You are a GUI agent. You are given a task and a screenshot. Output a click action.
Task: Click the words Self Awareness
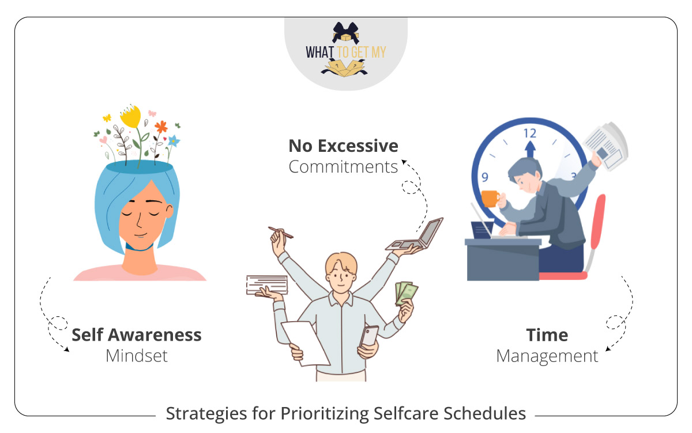(137, 335)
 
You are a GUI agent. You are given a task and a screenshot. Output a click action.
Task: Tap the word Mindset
(137, 356)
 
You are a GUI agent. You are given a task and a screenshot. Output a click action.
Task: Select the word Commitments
(343, 167)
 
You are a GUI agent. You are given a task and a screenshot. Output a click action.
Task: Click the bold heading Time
(547, 335)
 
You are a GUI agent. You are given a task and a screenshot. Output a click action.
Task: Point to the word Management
(547, 356)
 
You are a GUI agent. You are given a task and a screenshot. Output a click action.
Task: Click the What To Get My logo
(346, 51)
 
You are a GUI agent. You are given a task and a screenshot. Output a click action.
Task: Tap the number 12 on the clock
(529, 133)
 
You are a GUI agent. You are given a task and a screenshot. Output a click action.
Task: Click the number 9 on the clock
(485, 177)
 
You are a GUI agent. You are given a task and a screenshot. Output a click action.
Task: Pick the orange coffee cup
(490, 198)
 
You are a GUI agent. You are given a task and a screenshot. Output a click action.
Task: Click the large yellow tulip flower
(130, 118)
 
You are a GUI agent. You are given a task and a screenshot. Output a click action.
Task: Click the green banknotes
(406, 293)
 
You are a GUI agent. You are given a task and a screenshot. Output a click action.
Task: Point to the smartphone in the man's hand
(369, 336)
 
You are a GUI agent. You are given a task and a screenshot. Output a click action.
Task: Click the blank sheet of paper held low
(305, 341)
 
